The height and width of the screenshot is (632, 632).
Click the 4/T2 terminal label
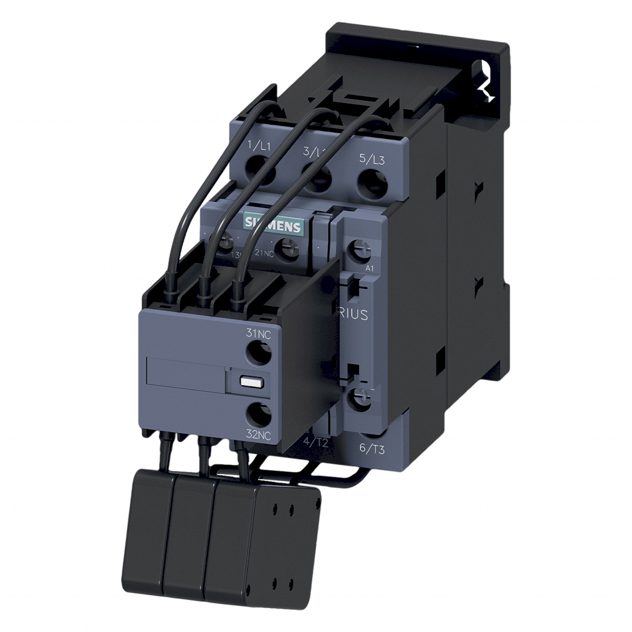point(315,441)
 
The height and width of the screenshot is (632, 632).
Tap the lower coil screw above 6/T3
point(359,399)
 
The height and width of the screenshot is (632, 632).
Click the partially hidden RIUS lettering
point(354,315)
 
